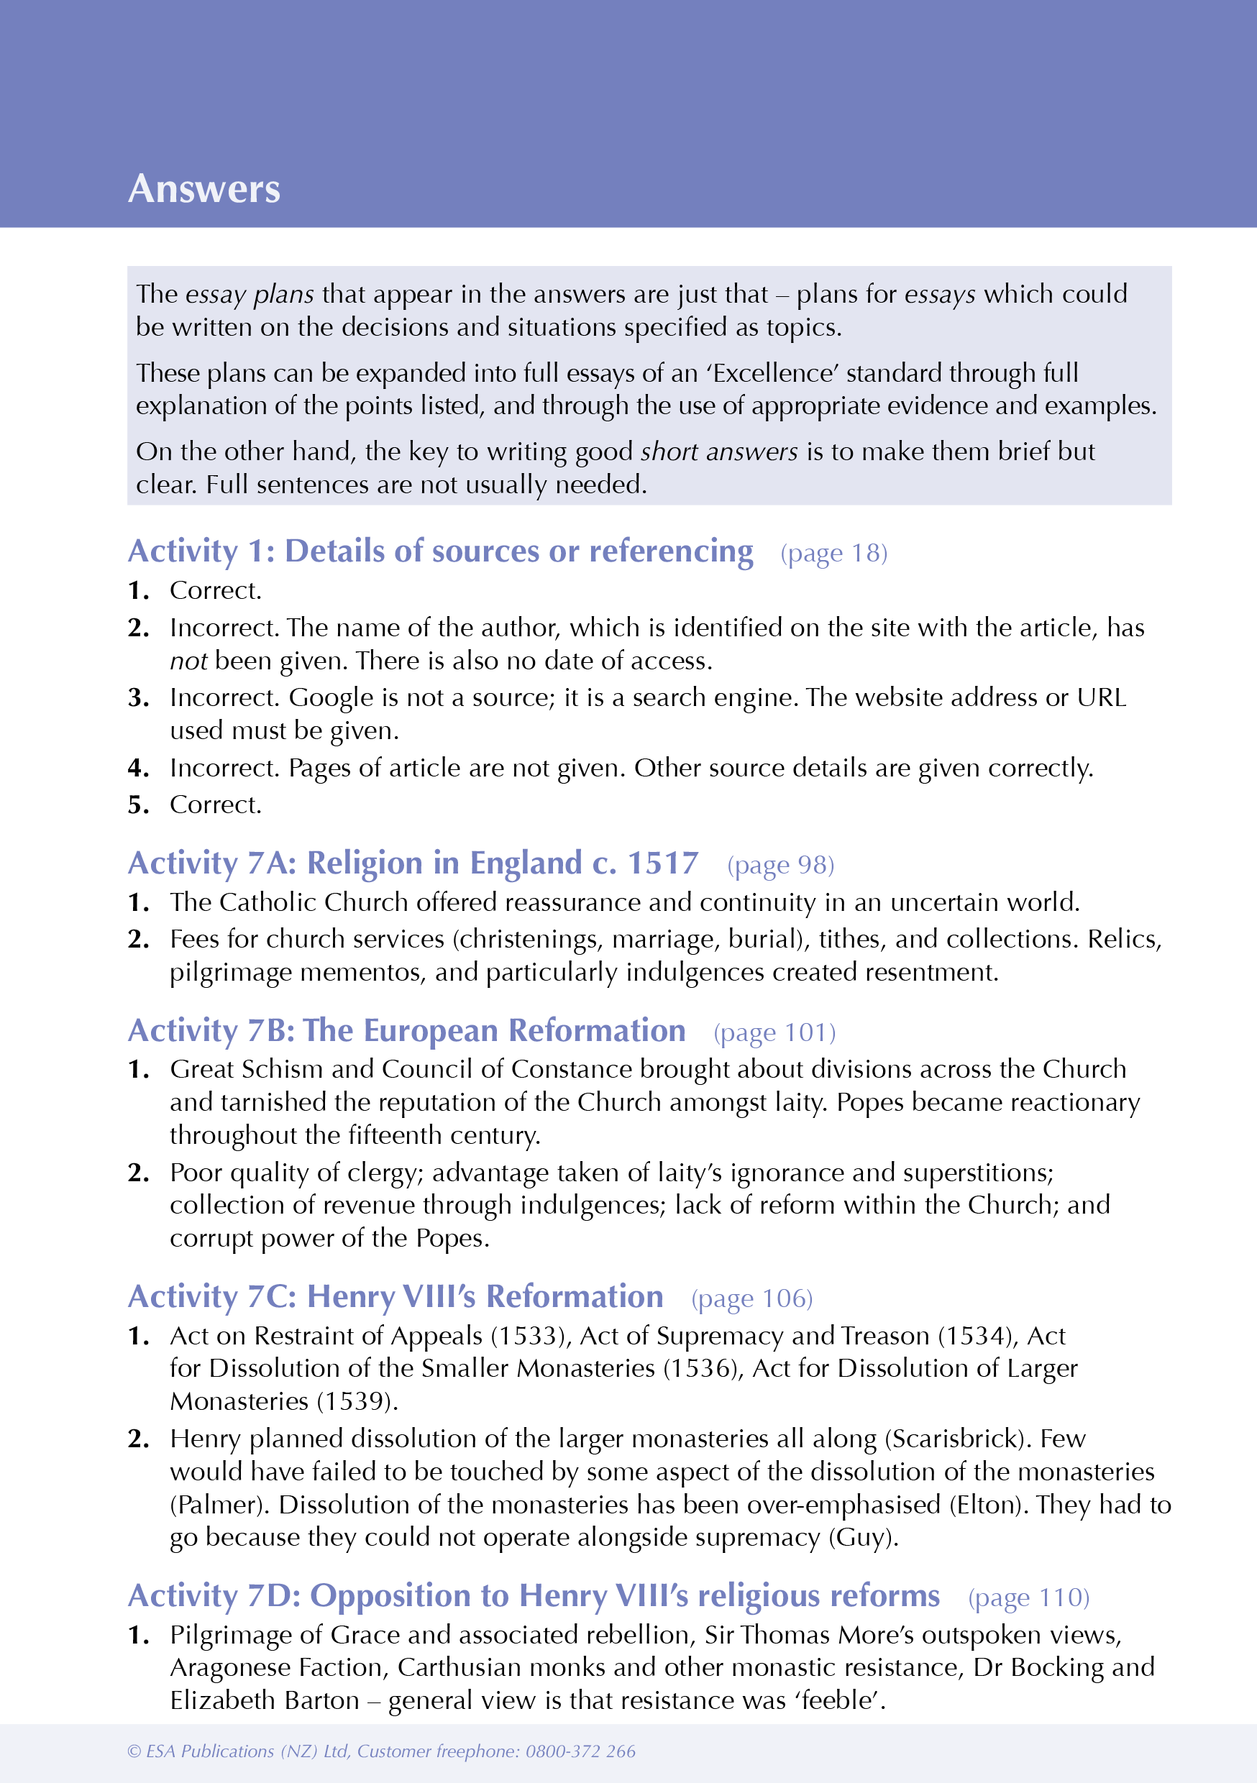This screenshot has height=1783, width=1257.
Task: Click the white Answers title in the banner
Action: pyautogui.click(x=204, y=188)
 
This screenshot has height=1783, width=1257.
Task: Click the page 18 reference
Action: pyautogui.click(x=833, y=553)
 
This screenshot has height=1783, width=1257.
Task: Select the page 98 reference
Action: pyautogui.click(x=781, y=865)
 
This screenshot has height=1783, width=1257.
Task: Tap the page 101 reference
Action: pyautogui.click(x=774, y=1033)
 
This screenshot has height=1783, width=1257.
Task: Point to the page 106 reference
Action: pyautogui.click(x=752, y=1298)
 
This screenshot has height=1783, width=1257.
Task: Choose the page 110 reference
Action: pyautogui.click(x=1028, y=1598)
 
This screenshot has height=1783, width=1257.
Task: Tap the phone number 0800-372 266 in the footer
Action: pyautogui.click(x=580, y=1751)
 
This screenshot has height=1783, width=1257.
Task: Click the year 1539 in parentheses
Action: pyautogui.click(x=356, y=1402)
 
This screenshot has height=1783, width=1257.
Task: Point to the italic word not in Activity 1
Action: pyautogui.click(x=188, y=661)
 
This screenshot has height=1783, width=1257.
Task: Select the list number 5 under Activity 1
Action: pyautogui.click(x=137, y=805)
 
